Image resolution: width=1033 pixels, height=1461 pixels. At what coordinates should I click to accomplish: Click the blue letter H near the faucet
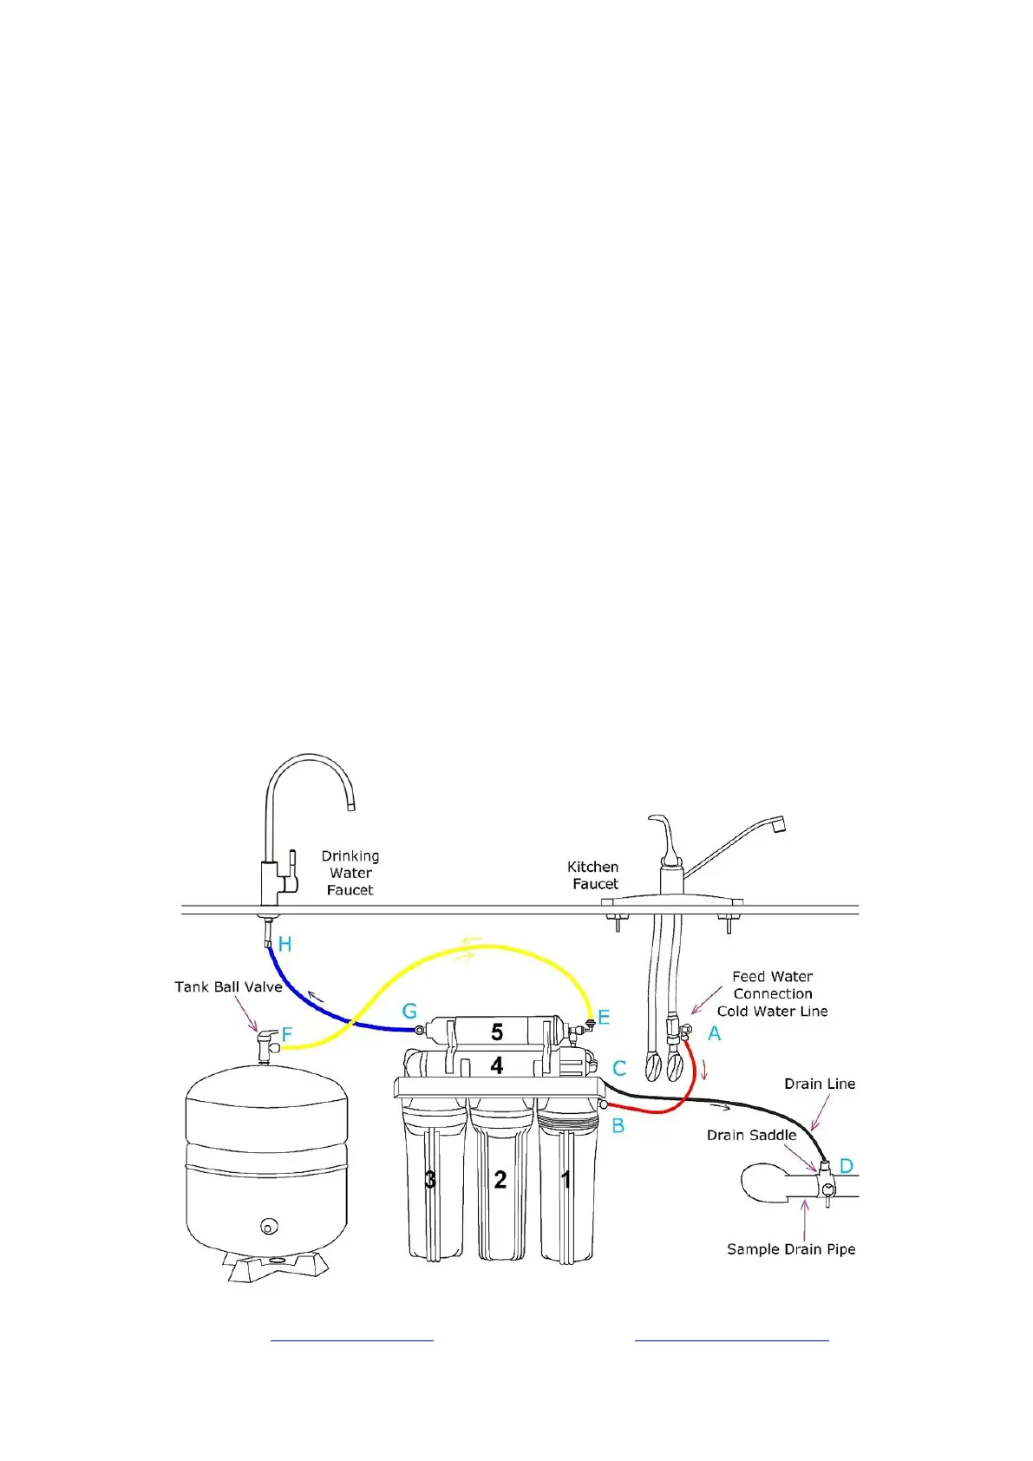[x=284, y=944]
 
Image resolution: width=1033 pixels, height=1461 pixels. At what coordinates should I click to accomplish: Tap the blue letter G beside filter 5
[x=409, y=1011]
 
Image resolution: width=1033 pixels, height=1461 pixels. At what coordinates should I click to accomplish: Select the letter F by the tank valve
[x=287, y=1034]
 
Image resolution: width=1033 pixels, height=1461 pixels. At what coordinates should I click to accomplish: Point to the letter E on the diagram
[x=604, y=1018]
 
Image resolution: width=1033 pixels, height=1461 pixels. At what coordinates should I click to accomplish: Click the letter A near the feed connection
[x=714, y=1033]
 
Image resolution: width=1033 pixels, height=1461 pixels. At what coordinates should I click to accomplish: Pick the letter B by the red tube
[x=618, y=1126]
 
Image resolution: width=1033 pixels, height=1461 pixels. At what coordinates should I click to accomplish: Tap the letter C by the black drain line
[x=619, y=1069]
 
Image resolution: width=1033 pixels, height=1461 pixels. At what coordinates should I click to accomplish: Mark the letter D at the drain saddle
[x=847, y=1166]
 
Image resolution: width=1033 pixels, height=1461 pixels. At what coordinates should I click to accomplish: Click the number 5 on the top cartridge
[x=497, y=1032]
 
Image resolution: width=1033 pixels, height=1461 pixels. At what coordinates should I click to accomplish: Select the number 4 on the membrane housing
[x=497, y=1065]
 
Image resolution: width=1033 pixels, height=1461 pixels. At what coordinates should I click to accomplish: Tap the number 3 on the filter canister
[x=430, y=1179]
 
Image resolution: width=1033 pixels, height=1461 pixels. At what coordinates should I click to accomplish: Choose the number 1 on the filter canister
[x=566, y=1179]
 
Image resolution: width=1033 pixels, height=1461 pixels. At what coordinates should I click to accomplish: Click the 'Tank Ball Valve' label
[x=228, y=987]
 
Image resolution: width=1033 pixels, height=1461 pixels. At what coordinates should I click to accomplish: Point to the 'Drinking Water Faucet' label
[x=350, y=873]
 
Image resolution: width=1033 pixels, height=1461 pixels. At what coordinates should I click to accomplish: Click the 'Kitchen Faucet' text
[x=593, y=875]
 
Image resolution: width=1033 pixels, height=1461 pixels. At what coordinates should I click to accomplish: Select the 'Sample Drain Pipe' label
[x=791, y=1249]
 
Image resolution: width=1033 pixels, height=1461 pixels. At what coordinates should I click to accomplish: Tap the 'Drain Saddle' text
[x=751, y=1135]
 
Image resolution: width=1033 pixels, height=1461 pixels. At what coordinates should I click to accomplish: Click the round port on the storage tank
[x=269, y=1227]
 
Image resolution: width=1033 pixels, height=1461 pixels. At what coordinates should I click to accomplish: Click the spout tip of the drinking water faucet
[x=351, y=806]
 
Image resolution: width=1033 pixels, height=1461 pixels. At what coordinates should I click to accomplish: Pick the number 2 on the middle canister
[x=500, y=1179]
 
